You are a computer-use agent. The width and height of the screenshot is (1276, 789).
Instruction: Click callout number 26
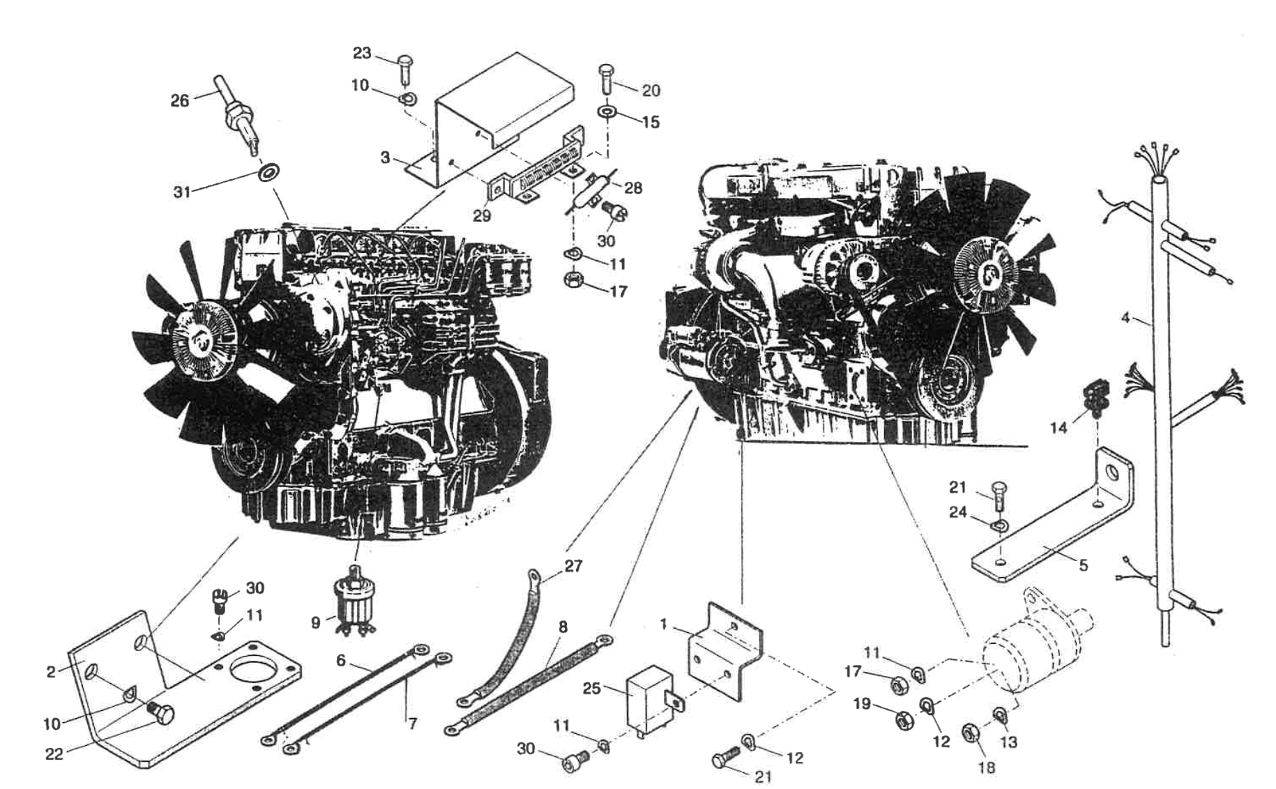coord(180,101)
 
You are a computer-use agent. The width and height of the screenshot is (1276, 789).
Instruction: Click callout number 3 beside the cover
coord(386,158)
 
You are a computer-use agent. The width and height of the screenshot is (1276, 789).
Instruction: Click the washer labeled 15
coord(607,112)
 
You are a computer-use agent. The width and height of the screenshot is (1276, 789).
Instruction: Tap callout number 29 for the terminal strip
coord(482,216)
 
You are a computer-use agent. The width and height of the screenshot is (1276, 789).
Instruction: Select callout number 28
coord(633,187)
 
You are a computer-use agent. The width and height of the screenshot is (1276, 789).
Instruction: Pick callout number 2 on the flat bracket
coord(51,673)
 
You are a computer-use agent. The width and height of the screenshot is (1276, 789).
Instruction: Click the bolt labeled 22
coord(163,713)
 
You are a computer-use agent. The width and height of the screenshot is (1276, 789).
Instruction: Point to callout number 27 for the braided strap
coord(573,566)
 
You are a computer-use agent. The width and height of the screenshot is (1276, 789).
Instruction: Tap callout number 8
coord(563,627)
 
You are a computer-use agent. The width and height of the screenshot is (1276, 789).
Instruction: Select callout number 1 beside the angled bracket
coord(664,625)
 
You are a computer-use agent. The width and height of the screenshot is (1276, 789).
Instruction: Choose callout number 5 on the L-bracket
coord(1083,565)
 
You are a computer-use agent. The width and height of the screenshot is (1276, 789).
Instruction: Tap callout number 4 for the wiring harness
coord(1125,318)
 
